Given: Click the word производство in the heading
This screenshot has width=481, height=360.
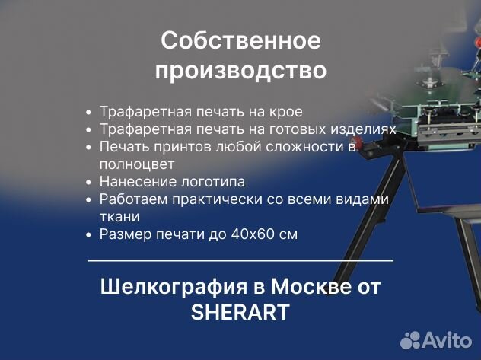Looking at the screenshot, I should tap(240, 71).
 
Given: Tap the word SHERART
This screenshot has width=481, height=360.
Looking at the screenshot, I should tap(240, 312).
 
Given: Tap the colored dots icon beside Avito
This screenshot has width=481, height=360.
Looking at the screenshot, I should tap(411, 339).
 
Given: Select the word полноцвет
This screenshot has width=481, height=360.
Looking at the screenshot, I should tap(137, 164).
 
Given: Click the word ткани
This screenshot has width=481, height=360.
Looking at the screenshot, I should tap(119, 216).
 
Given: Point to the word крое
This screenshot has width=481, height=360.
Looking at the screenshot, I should tap(286, 111).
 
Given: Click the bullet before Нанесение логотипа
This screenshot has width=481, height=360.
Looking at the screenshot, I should tap(90, 182).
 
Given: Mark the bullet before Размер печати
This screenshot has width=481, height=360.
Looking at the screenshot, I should tap(90, 234).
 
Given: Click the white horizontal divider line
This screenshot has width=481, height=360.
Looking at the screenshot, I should tap(240, 261).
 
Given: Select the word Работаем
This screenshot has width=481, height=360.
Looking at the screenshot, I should tap(128, 199).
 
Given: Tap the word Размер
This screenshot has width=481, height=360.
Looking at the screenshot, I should tap(121, 234).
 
